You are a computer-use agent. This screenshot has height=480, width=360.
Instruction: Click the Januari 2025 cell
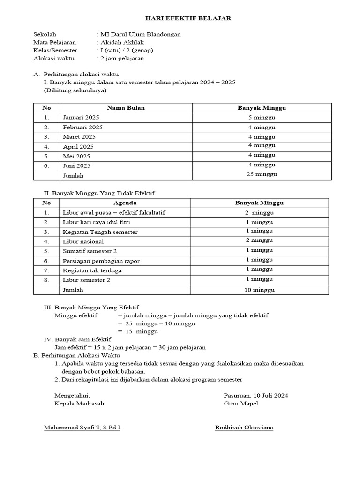78,117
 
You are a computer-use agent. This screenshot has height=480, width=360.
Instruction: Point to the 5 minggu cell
262,117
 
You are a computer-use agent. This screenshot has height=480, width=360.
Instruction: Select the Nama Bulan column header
126,108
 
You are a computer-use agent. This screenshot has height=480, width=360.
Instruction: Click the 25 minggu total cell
262,174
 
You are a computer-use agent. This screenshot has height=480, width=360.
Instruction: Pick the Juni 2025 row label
77,165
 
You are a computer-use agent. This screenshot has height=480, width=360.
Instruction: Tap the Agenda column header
125,203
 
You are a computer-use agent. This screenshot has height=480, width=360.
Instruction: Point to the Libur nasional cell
83,241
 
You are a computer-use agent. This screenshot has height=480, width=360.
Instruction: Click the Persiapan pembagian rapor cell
101,261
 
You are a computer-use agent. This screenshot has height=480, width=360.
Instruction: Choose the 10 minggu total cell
259,290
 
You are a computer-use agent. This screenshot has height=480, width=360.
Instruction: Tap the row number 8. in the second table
46,280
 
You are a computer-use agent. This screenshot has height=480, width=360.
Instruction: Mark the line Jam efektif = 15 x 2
130,347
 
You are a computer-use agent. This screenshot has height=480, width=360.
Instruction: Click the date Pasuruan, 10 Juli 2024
256,395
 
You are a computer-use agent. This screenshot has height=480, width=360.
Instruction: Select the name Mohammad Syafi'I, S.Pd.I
82,427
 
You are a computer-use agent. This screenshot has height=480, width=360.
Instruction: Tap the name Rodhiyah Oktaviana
244,427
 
